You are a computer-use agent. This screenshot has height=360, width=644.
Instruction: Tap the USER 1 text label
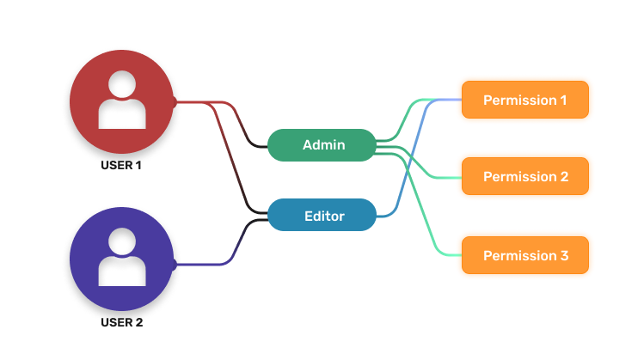[121, 166]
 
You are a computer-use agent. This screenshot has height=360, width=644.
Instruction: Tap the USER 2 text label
[121, 323]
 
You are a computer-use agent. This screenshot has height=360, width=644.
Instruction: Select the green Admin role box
[322, 145]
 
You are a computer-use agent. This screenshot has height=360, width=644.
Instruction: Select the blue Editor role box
[322, 215]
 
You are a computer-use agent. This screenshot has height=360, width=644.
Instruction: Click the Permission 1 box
[524, 100]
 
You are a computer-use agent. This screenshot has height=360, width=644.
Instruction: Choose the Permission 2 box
[524, 177]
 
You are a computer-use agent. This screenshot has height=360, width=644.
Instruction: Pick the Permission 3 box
[524, 255]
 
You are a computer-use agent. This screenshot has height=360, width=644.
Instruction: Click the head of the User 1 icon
[122, 85]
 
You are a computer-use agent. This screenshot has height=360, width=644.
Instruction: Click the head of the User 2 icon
[122, 243]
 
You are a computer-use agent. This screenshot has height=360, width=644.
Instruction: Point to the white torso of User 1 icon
[122, 116]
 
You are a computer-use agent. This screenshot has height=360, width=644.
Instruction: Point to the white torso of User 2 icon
[122, 273]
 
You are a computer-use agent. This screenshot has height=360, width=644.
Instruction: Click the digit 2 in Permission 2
[563, 177]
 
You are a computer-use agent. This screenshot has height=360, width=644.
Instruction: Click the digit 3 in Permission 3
[563, 255]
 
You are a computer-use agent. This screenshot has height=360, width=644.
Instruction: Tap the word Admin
[323, 145]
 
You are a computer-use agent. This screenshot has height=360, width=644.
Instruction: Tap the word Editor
[323, 216]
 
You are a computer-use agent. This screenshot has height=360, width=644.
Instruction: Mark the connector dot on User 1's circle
[175, 103]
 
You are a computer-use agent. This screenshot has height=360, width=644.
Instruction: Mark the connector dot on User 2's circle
[175, 265]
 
